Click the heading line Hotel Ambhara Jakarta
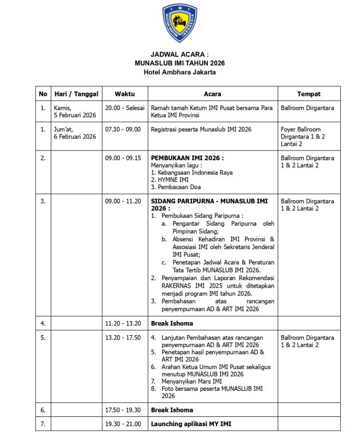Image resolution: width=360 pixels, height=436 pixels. [179, 71]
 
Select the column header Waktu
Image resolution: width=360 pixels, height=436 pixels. [124, 94]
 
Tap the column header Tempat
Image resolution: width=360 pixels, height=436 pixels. [309, 94]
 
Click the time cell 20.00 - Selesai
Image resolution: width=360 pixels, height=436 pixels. [125, 108]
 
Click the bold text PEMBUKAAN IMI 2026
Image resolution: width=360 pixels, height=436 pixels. [187, 158]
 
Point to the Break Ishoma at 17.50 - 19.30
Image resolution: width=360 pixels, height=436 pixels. [172, 409]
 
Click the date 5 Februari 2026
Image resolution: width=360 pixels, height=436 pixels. [74, 115]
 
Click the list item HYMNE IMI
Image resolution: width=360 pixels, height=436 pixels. [170, 179]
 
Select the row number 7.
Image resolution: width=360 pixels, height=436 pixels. [43, 423]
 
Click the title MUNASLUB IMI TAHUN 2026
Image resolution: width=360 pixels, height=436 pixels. [179, 63]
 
